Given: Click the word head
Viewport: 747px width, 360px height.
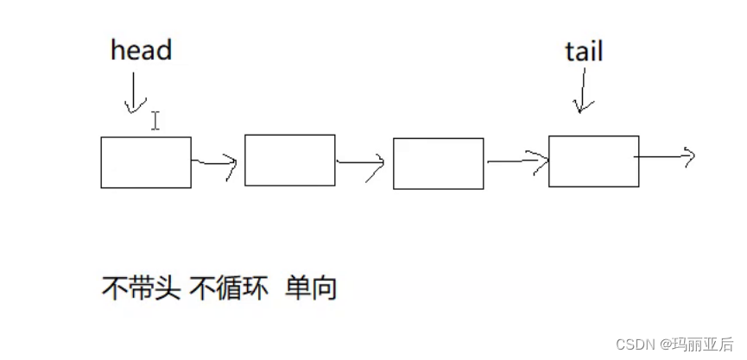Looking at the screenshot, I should (142, 49).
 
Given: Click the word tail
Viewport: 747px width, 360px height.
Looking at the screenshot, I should (584, 51).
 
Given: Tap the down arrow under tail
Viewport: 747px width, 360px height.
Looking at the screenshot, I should (584, 92).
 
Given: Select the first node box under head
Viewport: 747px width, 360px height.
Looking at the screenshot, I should (146, 162).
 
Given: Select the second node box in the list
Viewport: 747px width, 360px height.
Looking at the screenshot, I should (290, 161).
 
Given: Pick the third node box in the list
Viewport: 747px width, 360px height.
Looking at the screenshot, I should (438, 163).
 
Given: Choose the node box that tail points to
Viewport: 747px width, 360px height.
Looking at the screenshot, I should (593, 161).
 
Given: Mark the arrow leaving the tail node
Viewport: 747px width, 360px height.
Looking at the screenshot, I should (666, 157).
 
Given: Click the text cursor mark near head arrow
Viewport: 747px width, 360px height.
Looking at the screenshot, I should (155, 120).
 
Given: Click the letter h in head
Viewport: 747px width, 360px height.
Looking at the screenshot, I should (117, 49).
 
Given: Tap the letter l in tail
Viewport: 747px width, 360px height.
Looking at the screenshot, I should (599, 51).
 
